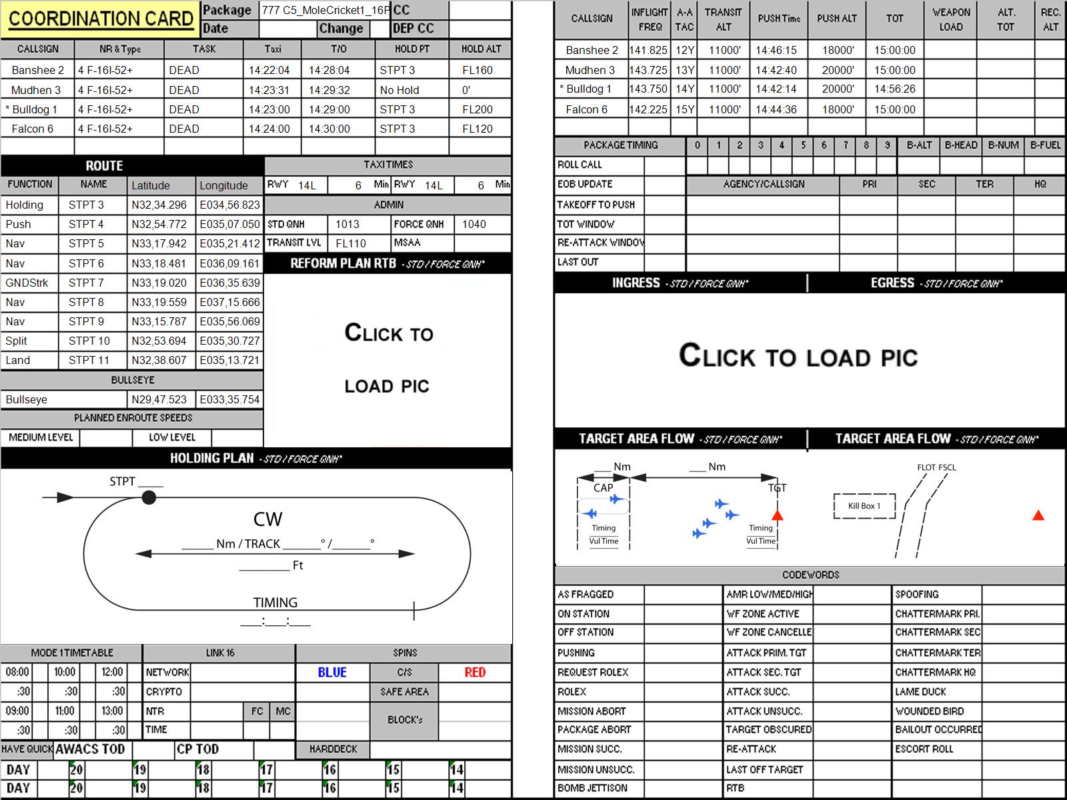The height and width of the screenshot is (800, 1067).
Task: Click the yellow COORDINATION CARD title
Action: (101, 19)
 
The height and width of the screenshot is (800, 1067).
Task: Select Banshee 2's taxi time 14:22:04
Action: (269, 71)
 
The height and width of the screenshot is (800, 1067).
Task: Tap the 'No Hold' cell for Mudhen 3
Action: (399, 91)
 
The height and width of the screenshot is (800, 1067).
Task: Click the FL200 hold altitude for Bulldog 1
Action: (477, 110)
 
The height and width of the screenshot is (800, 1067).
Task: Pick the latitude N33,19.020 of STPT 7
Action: (159, 283)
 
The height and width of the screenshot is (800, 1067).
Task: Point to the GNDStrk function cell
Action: (27, 283)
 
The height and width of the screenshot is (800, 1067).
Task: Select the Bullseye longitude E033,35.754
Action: (229, 400)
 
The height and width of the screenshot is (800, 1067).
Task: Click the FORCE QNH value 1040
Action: (474, 225)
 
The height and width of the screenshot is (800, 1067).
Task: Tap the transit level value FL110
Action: (351, 243)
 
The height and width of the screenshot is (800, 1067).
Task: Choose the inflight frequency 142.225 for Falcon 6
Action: (648, 110)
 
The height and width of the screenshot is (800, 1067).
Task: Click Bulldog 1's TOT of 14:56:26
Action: (894, 89)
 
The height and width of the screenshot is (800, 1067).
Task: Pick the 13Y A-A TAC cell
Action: (684, 71)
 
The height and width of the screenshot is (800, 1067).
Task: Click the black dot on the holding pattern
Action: (149, 497)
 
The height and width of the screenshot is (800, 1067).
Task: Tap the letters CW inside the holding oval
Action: (267, 519)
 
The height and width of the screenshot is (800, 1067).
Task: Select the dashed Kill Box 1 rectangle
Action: (864, 506)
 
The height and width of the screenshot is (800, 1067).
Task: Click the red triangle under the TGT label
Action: (778, 515)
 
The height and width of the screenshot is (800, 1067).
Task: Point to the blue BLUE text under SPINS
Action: (332, 672)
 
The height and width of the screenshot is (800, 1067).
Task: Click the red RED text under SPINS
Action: (475, 672)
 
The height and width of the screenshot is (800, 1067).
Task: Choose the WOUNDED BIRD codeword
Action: (930, 711)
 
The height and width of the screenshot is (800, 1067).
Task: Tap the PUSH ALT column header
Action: (836, 19)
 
